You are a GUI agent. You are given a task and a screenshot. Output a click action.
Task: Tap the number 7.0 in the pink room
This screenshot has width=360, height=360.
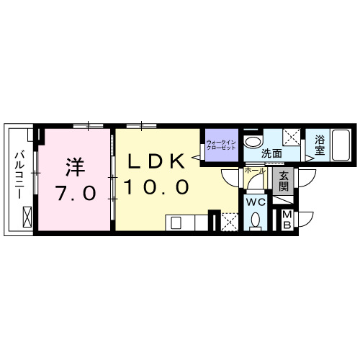[x=76, y=193]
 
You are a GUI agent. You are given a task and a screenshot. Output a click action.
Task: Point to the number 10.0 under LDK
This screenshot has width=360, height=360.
[x=156, y=187]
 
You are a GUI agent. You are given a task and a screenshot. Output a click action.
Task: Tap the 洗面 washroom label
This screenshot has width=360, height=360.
[x=271, y=153]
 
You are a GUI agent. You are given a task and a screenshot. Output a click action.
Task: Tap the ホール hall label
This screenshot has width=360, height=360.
[x=256, y=171]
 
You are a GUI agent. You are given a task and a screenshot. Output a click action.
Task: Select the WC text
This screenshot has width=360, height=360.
[x=256, y=202]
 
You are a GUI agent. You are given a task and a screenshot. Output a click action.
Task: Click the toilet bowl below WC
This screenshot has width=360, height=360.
[x=256, y=221]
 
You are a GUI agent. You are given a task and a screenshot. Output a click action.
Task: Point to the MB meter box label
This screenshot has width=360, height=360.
[x=287, y=218]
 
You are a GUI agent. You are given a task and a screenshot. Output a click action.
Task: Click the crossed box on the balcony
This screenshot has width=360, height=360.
[x=28, y=215]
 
